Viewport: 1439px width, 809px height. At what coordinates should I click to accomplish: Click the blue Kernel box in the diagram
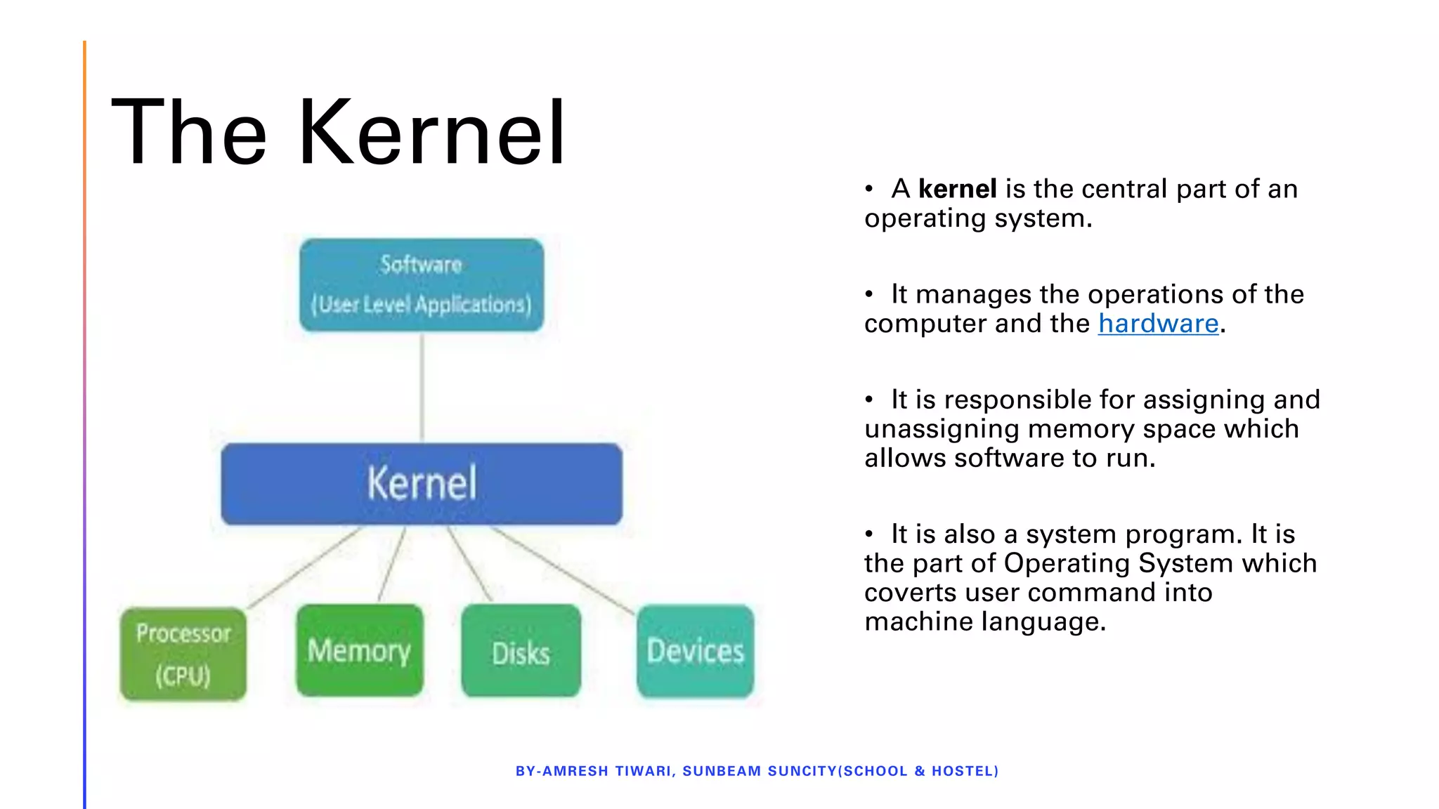[x=422, y=484]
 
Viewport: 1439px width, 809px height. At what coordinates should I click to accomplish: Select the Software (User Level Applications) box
[x=422, y=284]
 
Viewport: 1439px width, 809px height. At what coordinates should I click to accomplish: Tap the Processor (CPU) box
[x=183, y=655]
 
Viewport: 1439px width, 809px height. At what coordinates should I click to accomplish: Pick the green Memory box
[x=360, y=651]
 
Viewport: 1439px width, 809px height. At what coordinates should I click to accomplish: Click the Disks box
[x=521, y=652]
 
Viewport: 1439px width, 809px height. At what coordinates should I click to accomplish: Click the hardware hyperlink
[x=1158, y=324]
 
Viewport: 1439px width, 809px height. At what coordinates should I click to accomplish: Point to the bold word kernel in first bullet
[x=957, y=189]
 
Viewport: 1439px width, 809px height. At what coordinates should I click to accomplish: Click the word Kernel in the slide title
[x=431, y=133]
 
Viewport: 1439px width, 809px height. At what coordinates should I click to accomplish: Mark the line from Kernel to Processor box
[x=306, y=567]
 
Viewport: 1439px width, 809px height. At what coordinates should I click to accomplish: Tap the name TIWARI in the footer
[x=643, y=771]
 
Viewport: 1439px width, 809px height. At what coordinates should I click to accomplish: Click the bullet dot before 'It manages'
[x=869, y=294]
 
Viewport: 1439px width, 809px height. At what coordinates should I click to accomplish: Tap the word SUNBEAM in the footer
[x=722, y=771]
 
